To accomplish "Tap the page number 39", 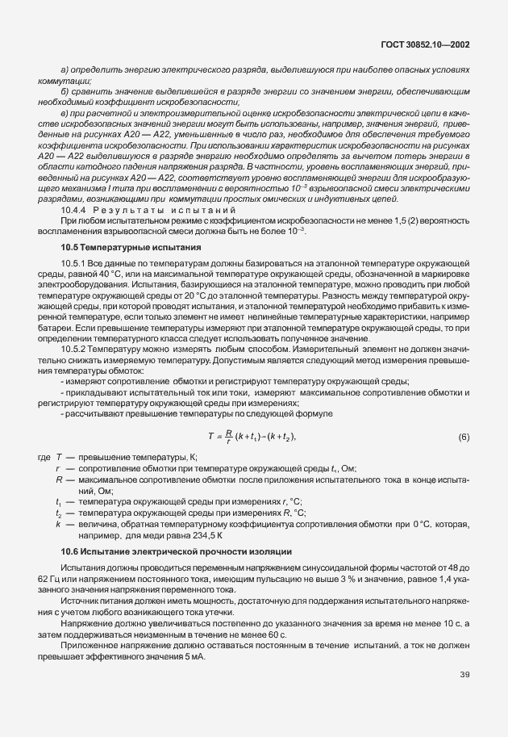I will click(464, 697).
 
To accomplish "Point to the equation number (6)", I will click(464, 437).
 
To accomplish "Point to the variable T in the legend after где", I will click(60, 457).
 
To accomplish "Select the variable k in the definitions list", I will click(60, 525).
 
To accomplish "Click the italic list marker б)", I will click(65, 91).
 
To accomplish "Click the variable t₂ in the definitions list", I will click(60, 513).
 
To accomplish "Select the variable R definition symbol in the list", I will click(60, 479).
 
